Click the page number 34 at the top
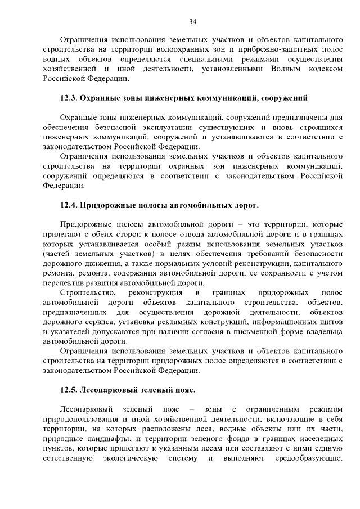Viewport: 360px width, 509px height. coord(192,21)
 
